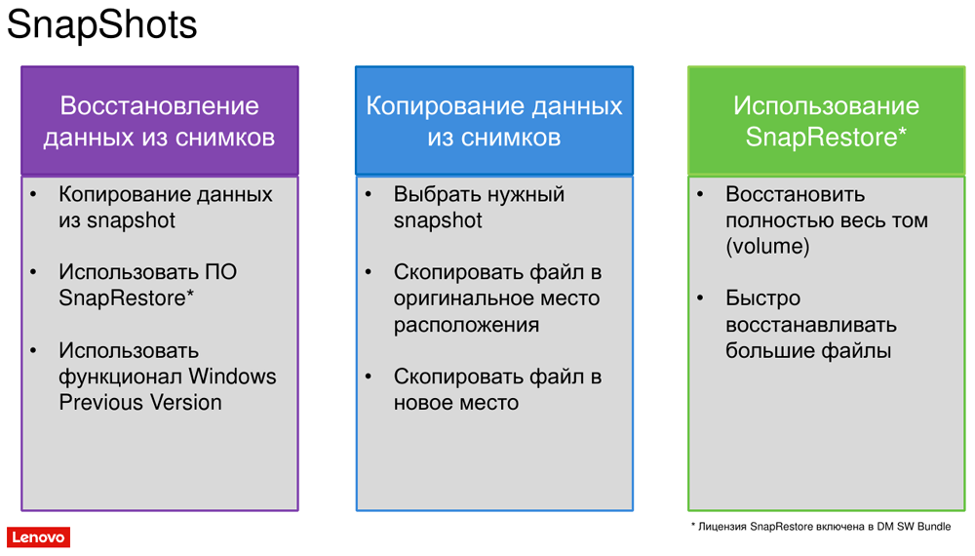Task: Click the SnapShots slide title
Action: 102,25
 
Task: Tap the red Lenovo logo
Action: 39,537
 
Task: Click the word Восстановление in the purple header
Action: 159,105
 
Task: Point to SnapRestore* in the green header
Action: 826,137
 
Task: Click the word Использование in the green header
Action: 826,105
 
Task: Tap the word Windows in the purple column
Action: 232,377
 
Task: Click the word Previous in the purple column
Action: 99,403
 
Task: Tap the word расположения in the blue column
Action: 466,325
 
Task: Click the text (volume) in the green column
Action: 767,246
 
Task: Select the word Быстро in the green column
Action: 763,298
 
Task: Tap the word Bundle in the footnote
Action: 934,526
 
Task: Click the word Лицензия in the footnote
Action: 721,527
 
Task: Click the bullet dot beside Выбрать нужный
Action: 369,195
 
